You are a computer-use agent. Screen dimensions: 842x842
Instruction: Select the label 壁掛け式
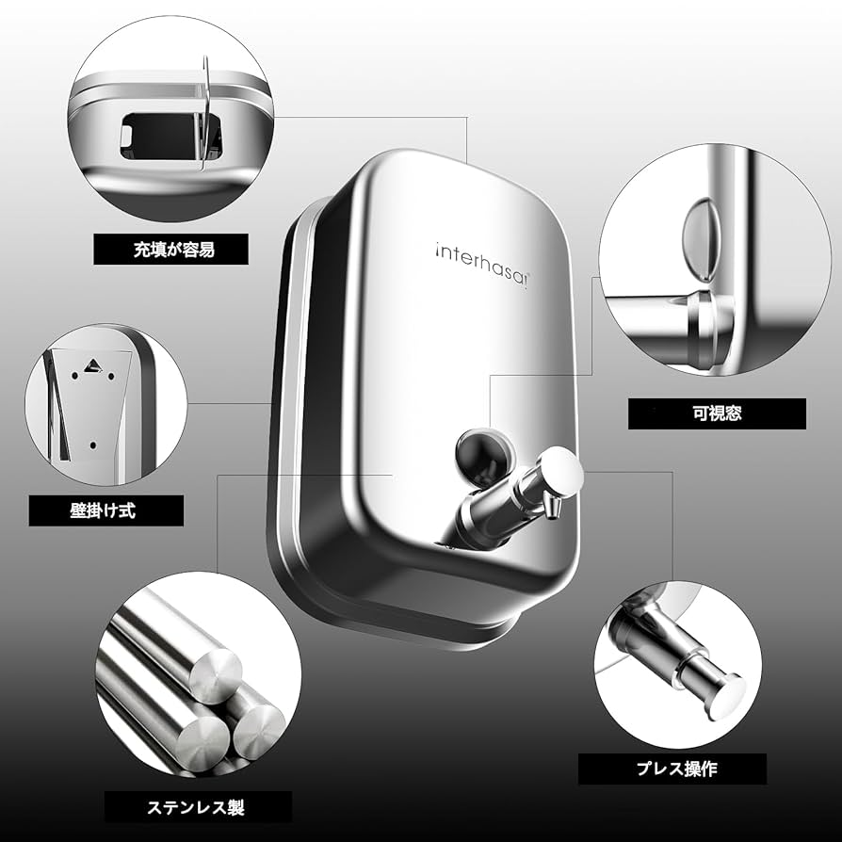[x=105, y=511]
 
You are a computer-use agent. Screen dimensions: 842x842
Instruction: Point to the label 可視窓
[x=717, y=413]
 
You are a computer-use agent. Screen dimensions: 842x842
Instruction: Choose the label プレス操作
[x=672, y=769]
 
